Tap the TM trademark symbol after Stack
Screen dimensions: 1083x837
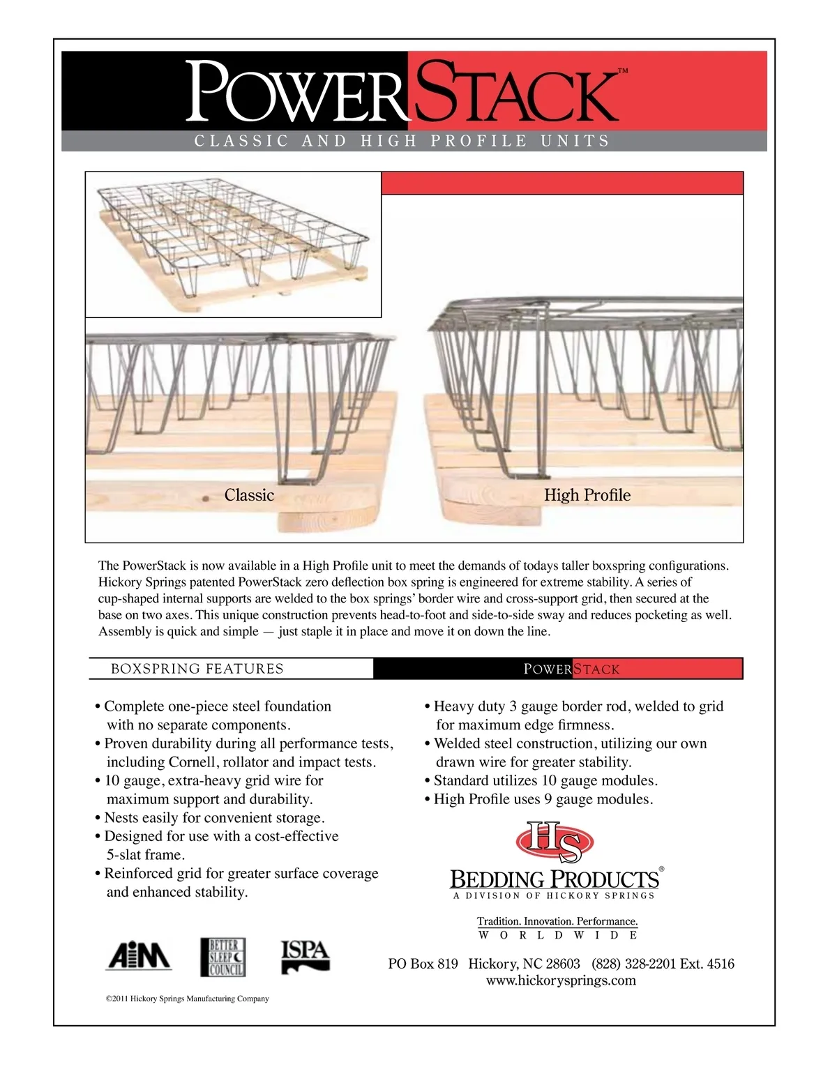tap(624, 71)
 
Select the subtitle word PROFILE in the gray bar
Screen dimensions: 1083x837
tap(478, 141)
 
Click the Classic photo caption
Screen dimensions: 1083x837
tap(249, 495)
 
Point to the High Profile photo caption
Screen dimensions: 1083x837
tap(587, 495)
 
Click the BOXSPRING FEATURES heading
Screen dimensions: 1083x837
tap(197, 669)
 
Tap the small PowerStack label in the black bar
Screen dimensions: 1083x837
tap(571, 669)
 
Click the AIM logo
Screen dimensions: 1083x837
tap(139, 955)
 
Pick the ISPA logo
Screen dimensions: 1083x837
tap(305, 956)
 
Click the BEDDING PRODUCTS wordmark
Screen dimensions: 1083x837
tap(554, 878)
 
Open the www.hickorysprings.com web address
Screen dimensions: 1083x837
tap(561, 980)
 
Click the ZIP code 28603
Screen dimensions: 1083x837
tap(562, 964)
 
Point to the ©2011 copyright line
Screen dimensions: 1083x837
tap(187, 999)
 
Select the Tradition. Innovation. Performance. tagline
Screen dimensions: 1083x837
tap(557, 921)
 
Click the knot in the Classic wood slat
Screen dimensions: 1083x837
tap(206, 498)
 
